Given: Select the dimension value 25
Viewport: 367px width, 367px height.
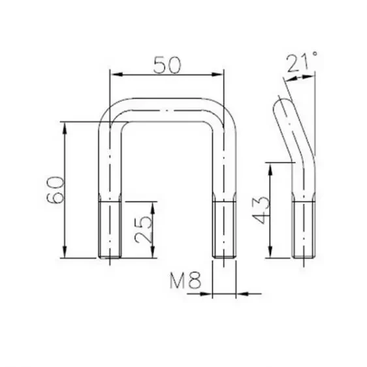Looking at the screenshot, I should click(145, 229).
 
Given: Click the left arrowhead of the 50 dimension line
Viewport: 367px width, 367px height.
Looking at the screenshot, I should click(112, 74).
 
